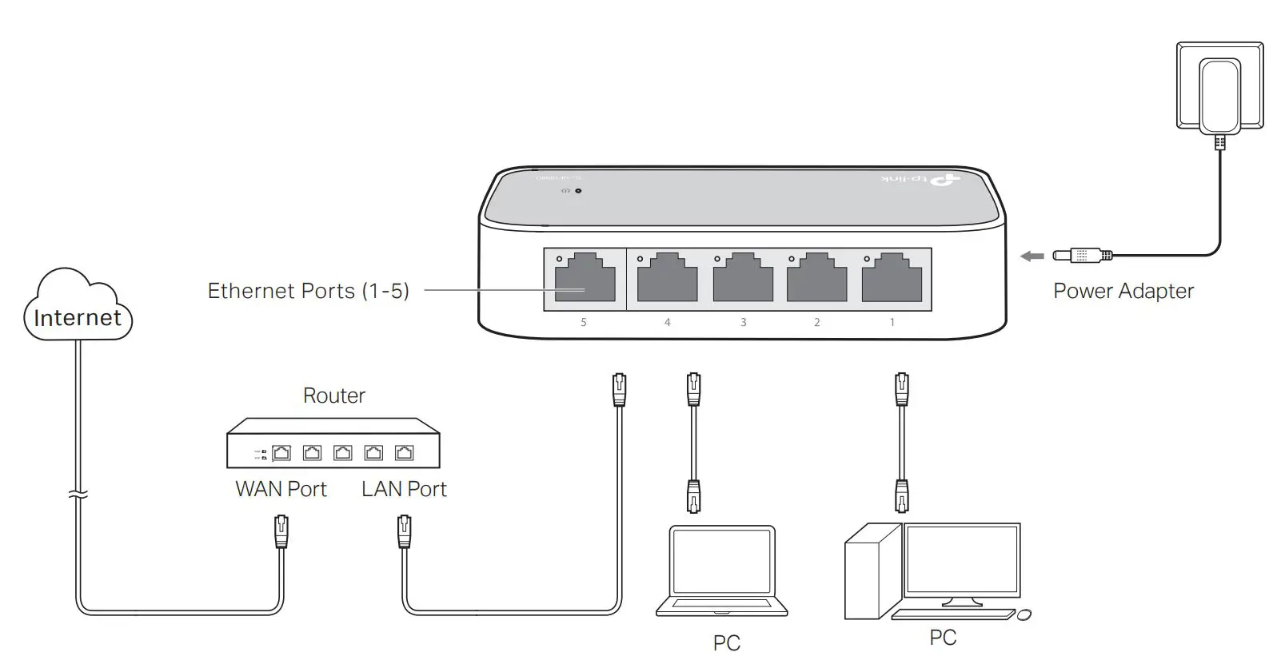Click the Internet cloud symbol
(78, 308)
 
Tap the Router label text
(334, 396)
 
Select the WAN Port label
(281, 489)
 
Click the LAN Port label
(404, 489)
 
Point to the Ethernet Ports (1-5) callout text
(308, 291)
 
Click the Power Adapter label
(1123, 291)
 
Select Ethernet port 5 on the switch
(585, 278)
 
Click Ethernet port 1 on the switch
(892, 278)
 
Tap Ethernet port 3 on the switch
(743, 278)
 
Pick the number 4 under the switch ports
(668, 322)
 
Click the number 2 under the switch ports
(816, 322)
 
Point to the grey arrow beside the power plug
(1032, 256)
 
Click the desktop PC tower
(872, 571)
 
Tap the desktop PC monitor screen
(962, 560)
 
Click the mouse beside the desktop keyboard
(1024, 614)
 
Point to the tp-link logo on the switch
(920, 181)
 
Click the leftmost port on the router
(281, 453)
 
